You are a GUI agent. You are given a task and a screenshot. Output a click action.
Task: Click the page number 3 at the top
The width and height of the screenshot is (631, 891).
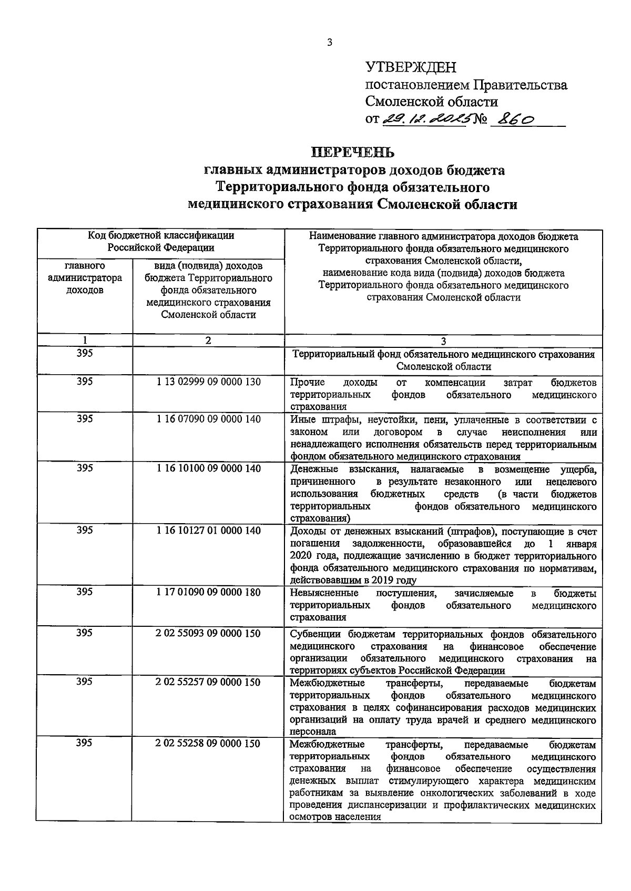click(330, 43)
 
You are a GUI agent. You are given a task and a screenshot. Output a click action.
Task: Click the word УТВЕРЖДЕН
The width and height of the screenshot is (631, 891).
click(411, 67)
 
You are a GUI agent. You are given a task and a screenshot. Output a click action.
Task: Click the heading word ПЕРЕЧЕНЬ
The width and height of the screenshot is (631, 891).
click(353, 153)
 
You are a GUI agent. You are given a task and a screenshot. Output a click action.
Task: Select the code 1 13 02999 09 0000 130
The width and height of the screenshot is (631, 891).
click(208, 382)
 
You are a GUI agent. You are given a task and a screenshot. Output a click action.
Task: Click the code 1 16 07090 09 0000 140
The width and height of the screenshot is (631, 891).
click(208, 419)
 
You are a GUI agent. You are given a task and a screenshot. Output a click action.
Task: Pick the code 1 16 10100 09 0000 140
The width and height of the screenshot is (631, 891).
click(208, 468)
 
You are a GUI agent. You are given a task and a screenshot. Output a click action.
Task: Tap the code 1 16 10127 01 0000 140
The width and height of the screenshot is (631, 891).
click(208, 530)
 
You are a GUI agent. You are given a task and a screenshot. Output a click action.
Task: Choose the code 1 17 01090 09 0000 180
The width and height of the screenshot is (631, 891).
click(208, 592)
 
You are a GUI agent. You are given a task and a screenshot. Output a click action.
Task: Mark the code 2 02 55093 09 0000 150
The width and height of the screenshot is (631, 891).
click(208, 633)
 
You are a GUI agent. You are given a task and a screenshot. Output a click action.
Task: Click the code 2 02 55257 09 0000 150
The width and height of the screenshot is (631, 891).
click(208, 682)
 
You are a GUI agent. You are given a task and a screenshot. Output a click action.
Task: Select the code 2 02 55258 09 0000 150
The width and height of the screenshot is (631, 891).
click(208, 744)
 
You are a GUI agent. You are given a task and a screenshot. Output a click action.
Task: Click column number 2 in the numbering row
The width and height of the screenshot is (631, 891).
click(208, 341)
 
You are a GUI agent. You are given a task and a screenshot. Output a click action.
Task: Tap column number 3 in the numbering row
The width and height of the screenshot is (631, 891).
click(443, 341)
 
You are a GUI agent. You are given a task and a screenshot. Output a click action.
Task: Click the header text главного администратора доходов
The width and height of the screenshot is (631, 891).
click(85, 278)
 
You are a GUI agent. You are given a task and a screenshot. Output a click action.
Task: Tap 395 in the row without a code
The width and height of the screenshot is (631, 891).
click(85, 354)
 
